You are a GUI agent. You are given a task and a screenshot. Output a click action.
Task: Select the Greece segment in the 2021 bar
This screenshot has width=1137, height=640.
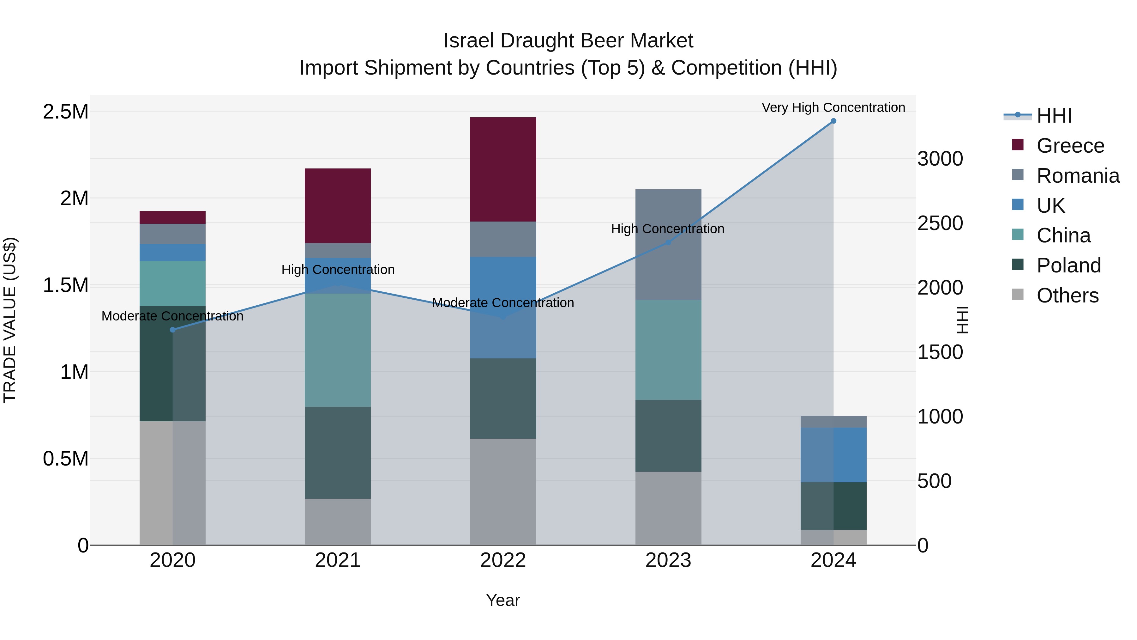click(x=338, y=205)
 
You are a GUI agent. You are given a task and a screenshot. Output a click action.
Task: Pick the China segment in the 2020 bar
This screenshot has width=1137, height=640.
click(x=172, y=283)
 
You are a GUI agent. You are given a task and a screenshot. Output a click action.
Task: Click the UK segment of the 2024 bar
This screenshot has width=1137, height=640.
click(x=833, y=454)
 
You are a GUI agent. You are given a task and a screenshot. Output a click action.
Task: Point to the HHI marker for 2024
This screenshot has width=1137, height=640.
click(x=833, y=121)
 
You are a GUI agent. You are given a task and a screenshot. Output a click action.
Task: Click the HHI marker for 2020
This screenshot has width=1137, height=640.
click(x=172, y=330)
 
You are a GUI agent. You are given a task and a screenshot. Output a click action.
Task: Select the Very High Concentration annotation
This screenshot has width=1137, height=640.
click(x=833, y=108)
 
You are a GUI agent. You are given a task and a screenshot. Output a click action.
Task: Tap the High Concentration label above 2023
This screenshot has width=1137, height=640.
click(x=667, y=229)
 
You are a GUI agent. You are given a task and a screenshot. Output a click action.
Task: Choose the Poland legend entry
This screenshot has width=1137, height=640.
click(x=1068, y=265)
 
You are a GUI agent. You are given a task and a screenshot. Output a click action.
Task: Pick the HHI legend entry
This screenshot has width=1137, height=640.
click(x=1054, y=116)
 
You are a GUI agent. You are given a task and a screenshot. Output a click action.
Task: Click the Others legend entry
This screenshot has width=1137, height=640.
click(x=1067, y=296)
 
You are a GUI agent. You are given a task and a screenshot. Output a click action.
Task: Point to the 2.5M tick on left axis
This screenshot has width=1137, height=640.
click(x=66, y=112)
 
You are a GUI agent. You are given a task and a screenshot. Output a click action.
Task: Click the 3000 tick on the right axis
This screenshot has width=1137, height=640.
click(x=940, y=159)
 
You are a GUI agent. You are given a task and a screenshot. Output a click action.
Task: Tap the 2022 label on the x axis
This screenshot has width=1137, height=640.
click(x=503, y=560)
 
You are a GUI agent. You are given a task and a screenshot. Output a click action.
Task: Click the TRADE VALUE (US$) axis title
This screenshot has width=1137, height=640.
click(x=10, y=320)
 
